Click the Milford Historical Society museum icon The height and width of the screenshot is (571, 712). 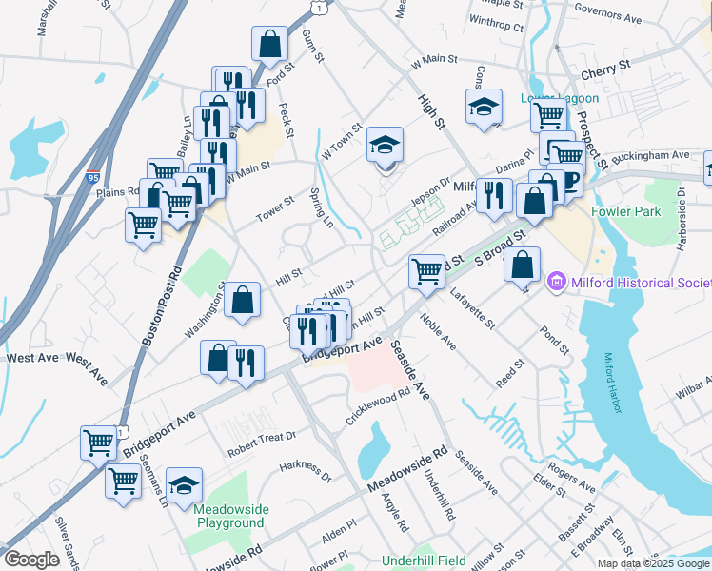pos(557,283)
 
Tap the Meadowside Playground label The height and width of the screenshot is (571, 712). pos(228,516)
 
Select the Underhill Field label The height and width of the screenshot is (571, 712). pos(424,561)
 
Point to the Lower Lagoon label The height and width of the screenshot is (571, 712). pos(560,98)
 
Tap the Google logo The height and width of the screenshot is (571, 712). pos(31,560)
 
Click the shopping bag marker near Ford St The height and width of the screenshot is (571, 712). pos(269,42)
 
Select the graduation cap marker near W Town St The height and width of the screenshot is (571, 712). pos(386,145)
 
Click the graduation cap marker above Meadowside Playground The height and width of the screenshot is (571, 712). pos(185,484)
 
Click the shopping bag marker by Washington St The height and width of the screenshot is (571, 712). pos(244,300)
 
